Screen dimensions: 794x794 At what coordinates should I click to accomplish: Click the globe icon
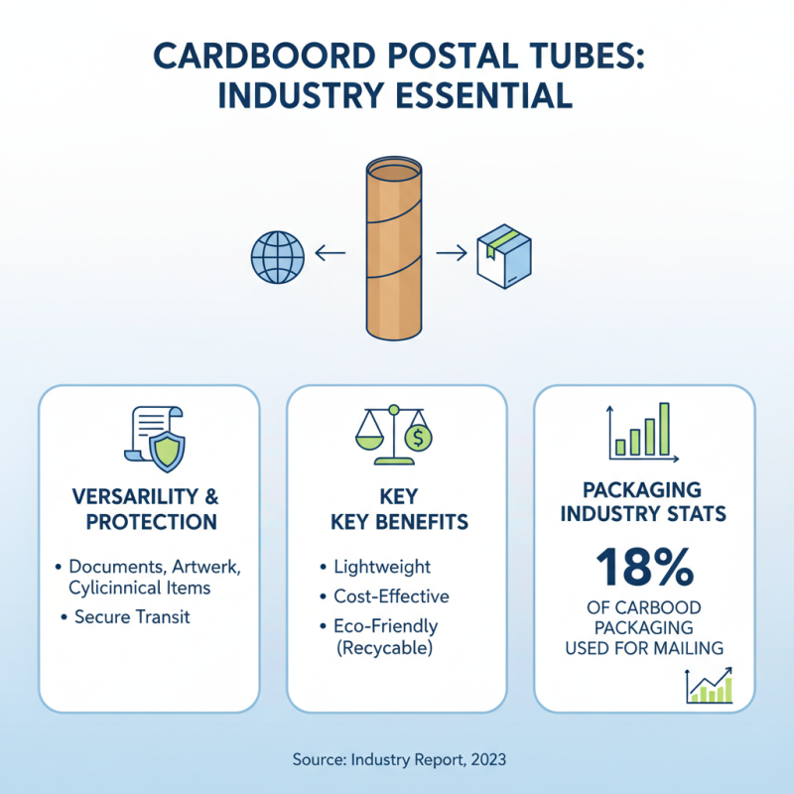pos(277,256)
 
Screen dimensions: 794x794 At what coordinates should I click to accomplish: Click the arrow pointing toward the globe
pos(330,255)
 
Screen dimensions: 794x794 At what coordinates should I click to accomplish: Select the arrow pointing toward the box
pos(452,255)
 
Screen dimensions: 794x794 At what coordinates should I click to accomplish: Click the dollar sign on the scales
pos(420,437)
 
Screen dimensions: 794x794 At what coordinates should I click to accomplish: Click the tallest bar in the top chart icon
pos(664,428)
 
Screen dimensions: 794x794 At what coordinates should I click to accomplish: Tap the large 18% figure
pos(644,569)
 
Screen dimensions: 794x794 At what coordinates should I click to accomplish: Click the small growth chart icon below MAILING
pos(709,686)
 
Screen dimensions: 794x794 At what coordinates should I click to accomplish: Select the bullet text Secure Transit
pos(132,617)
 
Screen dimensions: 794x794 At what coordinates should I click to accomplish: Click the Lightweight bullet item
pos(382,567)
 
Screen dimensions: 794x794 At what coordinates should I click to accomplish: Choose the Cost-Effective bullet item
pos(391,596)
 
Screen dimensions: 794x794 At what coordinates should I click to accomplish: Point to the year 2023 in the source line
pos(488,759)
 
